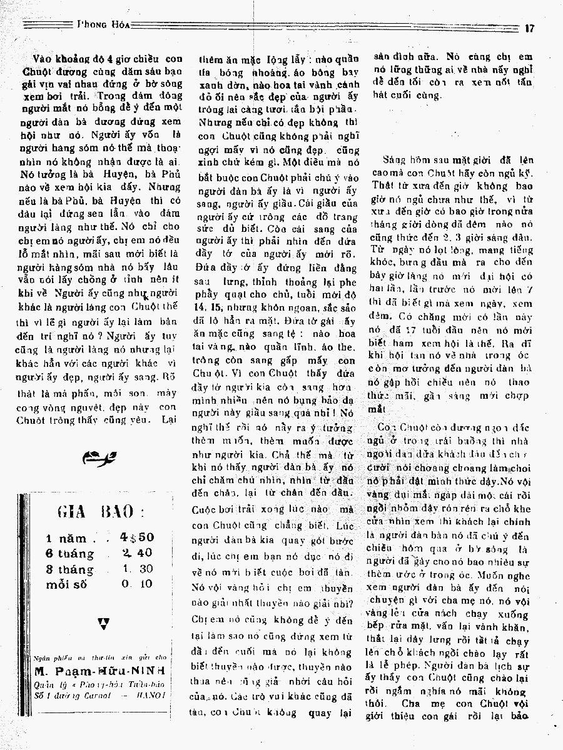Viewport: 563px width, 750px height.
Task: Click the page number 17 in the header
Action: coord(530,27)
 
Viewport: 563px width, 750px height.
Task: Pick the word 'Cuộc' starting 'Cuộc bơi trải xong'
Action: coord(211,509)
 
